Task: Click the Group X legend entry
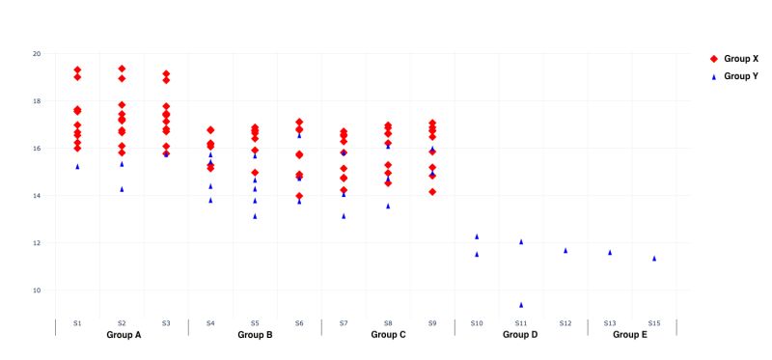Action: tap(735, 59)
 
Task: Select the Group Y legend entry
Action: tap(735, 75)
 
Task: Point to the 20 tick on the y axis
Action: tap(37, 54)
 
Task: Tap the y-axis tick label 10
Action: tap(37, 291)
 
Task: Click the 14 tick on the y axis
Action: tap(37, 196)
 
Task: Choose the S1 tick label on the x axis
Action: tap(77, 322)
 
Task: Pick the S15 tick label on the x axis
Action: tap(654, 322)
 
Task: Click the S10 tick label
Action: tap(477, 322)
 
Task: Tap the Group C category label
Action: tap(388, 335)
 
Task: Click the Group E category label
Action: tap(632, 335)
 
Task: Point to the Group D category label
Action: tap(521, 335)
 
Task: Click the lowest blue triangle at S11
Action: tap(521, 305)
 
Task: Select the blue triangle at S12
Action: tap(565, 251)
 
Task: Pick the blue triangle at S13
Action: tap(610, 253)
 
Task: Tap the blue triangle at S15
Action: tap(654, 259)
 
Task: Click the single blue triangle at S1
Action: tap(77, 167)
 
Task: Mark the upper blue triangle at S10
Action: tap(477, 236)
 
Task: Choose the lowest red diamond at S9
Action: tap(432, 192)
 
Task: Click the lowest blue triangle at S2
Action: tap(122, 189)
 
